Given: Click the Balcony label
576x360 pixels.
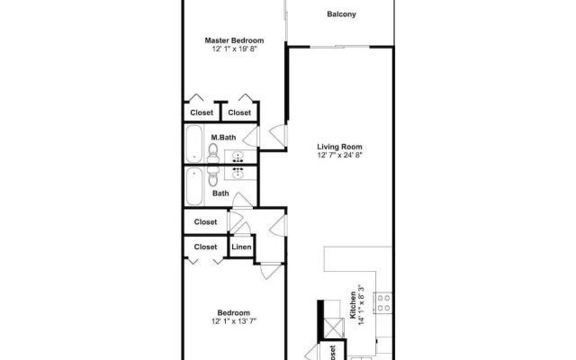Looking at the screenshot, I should click(341, 13).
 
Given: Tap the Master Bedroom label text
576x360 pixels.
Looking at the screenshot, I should click(234, 40).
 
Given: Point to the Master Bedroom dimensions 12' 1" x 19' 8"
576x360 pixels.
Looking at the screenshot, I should click(234, 50).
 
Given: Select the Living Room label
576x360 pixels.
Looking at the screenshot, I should click(339, 146).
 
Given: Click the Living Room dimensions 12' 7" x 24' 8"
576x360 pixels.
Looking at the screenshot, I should click(339, 156).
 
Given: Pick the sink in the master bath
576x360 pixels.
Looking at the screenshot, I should click(239, 154).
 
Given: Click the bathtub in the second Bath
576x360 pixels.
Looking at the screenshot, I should click(193, 187).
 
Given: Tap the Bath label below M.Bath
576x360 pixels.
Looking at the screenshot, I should click(220, 193).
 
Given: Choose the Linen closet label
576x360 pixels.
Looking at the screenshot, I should click(241, 247).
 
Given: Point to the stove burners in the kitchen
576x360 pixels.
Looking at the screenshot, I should click(383, 301).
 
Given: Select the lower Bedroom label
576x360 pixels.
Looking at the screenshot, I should click(234, 312).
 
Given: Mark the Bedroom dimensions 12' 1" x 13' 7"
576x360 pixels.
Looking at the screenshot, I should click(234, 321).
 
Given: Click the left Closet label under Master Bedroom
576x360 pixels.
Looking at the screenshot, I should click(202, 112).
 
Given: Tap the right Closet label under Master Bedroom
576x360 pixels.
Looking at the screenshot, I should click(239, 112).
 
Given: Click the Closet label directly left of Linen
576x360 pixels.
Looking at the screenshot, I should click(206, 247).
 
